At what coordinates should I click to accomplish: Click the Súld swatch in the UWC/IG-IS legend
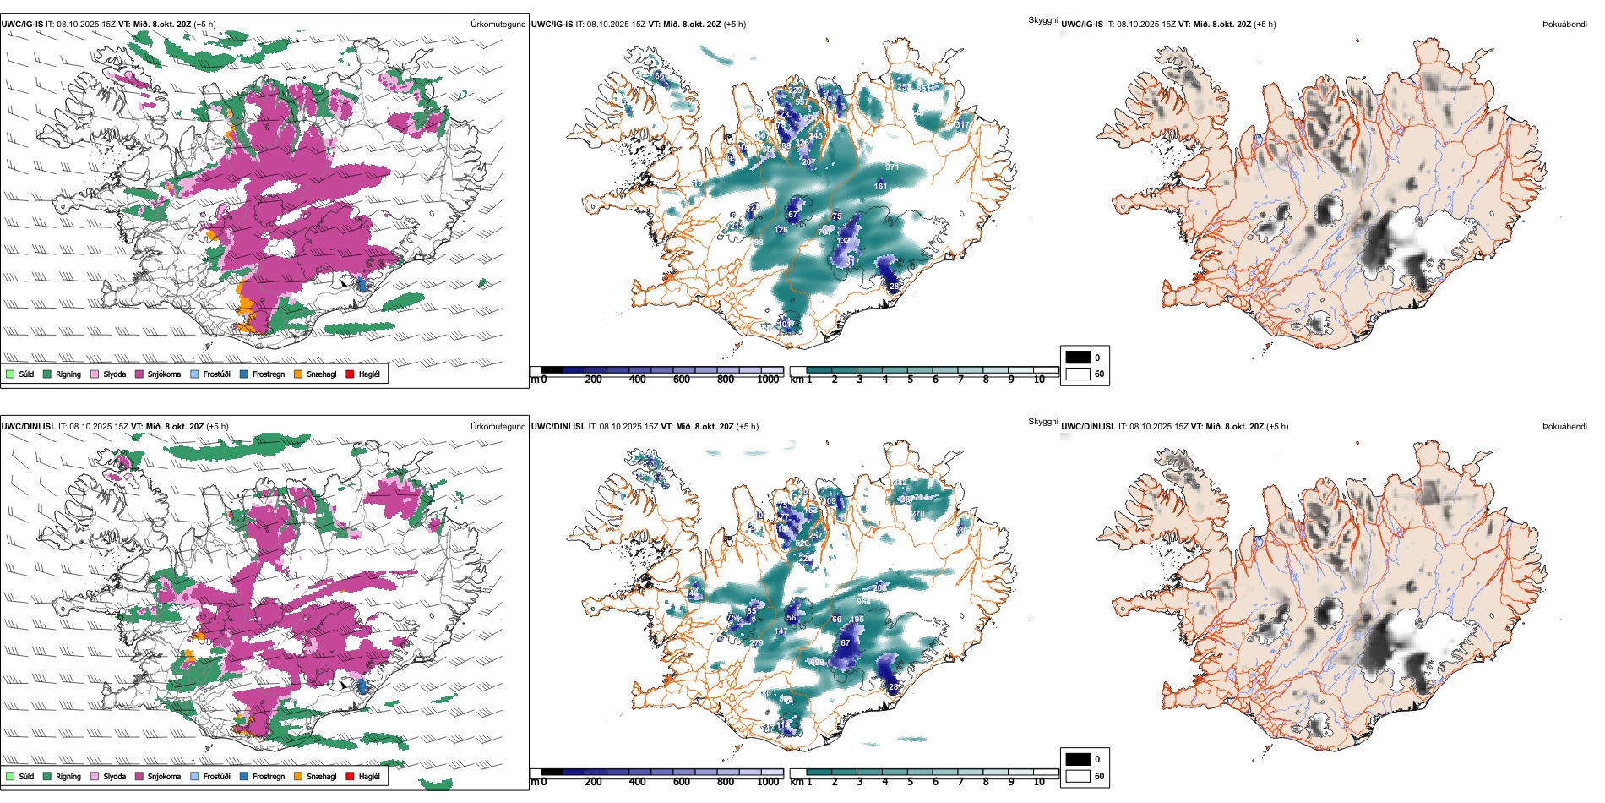click(x=10, y=374)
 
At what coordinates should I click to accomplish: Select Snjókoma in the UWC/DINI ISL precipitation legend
click(x=139, y=776)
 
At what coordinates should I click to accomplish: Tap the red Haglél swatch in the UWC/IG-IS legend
click(x=351, y=374)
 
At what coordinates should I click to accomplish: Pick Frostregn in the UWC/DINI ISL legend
click(x=244, y=776)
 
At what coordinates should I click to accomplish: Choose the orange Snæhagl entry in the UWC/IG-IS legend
click(x=299, y=374)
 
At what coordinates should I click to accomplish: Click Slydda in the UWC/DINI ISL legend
click(x=95, y=776)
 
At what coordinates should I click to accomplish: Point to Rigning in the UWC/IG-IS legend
click(x=47, y=374)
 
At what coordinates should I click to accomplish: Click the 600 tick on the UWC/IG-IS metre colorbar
click(x=682, y=380)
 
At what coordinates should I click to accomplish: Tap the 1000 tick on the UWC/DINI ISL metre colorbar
click(x=768, y=782)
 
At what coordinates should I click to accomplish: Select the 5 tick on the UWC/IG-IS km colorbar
click(x=910, y=380)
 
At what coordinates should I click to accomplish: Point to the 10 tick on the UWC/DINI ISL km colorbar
click(x=1039, y=782)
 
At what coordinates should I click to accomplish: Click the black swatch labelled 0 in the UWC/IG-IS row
click(x=1078, y=358)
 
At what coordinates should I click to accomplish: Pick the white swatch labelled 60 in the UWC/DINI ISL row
click(x=1078, y=776)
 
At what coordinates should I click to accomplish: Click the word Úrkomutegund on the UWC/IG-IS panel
click(x=498, y=25)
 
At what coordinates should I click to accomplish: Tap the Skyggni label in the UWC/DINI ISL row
click(x=1042, y=421)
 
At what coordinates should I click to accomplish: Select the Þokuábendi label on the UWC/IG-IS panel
click(x=1564, y=25)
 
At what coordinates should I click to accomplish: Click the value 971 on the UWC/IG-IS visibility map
click(x=892, y=167)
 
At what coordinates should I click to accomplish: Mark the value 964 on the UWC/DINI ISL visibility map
click(x=863, y=602)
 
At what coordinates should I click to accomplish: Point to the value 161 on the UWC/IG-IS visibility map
click(x=880, y=187)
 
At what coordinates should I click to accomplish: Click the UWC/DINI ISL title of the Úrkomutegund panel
click(x=28, y=427)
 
